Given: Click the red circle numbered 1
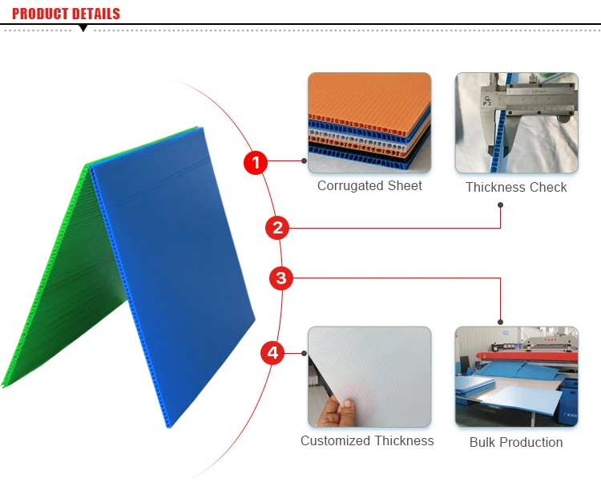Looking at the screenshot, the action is click(x=255, y=163).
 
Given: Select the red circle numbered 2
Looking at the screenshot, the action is click(x=277, y=228).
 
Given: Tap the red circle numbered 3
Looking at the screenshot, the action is click(x=280, y=278).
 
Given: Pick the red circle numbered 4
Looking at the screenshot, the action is click(x=272, y=352).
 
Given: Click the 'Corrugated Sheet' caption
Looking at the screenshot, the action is click(x=369, y=185).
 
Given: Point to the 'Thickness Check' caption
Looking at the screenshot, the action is click(x=516, y=187).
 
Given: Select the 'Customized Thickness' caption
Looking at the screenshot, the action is click(x=367, y=440).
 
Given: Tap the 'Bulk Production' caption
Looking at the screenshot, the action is click(x=516, y=442).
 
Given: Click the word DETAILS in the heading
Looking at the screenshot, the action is click(x=96, y=14).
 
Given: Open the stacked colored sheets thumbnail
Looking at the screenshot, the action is click(x=369, y=123).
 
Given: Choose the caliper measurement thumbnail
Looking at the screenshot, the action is click(x=517, y=123).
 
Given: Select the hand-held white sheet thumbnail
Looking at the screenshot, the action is click(x=369, y=376).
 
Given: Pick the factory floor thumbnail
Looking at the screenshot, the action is click(x=517, y=376).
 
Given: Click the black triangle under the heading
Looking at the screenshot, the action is click(x=83, y=29).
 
